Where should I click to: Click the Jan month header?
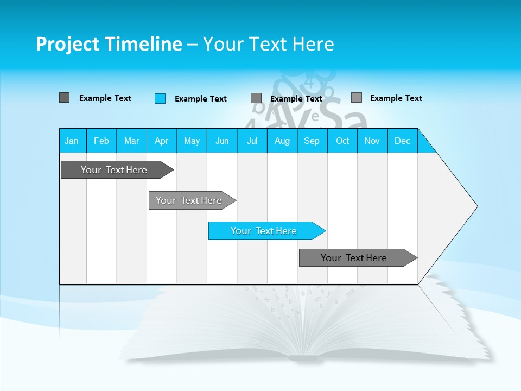pos(72,141)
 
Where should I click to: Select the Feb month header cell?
pos(101,141)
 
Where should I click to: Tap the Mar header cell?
pos(131,141)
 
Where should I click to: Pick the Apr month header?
pos(162,141)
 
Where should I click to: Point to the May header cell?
pos(192,141)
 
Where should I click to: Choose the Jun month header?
pos(222,141)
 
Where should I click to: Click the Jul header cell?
pos(252,141)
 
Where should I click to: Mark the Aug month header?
pos(282,141)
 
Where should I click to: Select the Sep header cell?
pos(312,141)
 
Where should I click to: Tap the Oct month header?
pos(342,141)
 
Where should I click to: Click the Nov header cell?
pos(372,141)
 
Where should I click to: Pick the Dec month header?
pos(403,141)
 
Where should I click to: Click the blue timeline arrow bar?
pos(266,231)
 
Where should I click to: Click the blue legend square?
pos(160,98)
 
